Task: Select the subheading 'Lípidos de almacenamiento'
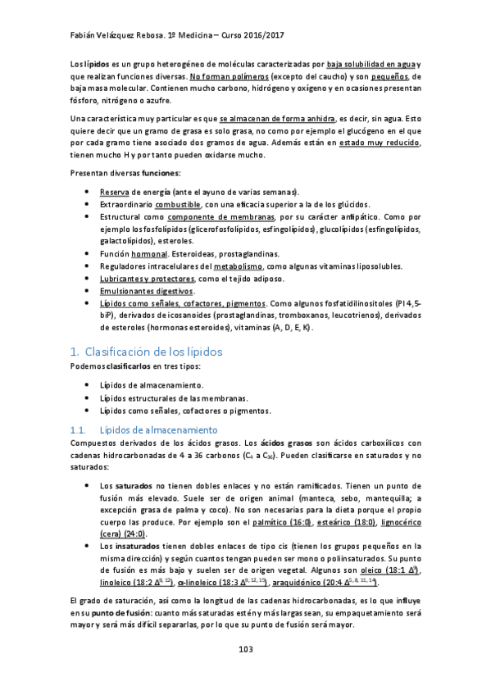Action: [x=157, y=429]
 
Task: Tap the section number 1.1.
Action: [x=79, y=429]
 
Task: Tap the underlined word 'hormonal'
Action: [x=150, y=254]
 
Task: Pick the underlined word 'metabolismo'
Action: [x=238, y=266]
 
